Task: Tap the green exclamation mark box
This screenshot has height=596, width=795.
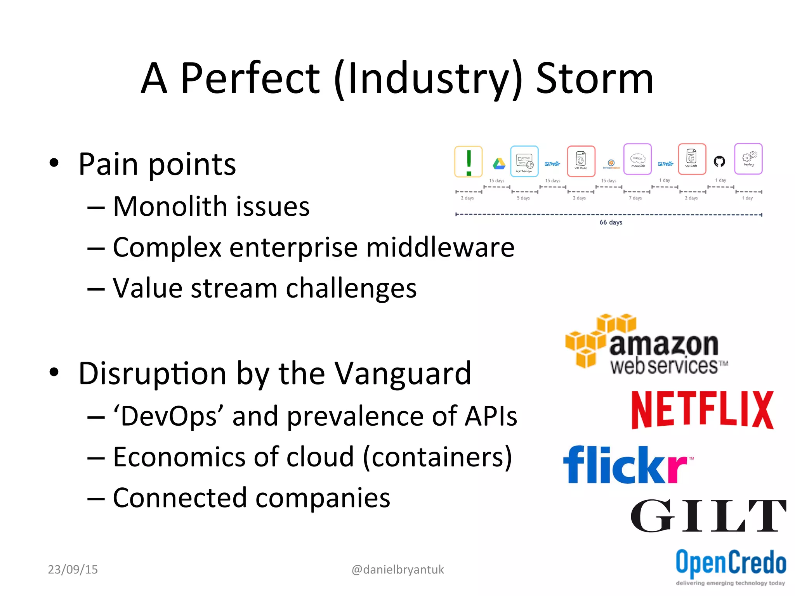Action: pos(469,162)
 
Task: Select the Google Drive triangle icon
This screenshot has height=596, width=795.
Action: pos(499,164)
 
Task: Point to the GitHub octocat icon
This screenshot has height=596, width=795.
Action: pos(719,161)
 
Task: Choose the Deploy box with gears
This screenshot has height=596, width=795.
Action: pos(748,159)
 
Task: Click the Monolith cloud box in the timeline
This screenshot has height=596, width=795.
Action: pos(637,159)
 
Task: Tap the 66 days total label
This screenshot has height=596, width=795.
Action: pos(611,222)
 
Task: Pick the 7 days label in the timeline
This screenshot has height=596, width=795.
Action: pos(635,198)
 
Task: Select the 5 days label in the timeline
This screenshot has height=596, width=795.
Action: pos(523,198)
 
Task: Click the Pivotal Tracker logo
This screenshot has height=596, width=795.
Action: pos(611,164)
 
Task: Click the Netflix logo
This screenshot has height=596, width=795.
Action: pos(702,410)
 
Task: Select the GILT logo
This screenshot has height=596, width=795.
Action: pos(708,516)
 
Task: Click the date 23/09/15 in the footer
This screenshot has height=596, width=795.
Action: pos(73,570)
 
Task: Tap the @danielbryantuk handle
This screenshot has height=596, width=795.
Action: pos(397,570)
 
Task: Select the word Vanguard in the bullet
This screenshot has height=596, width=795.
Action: pos(403,374)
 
